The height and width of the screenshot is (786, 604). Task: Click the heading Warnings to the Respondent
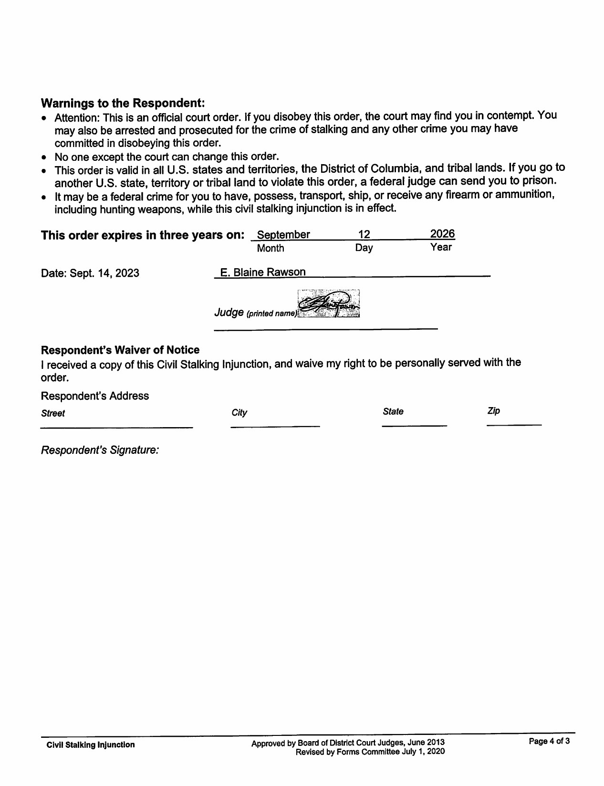pyautogui.click(x=123, y=103)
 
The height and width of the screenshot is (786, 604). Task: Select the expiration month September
pyautogui.click(x=283, y=235)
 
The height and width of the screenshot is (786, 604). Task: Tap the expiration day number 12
pyautogui.click(x=364, y=234)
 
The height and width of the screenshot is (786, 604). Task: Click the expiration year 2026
pyautogui.click(x=442, y=234)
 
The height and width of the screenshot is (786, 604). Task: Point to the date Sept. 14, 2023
pyautogui.click(x=90, y=273)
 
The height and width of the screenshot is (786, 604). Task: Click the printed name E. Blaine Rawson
pyautogui.click(x=262, y=272)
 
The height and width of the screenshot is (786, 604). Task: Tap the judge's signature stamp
pyautogui.click(x=328, y=304)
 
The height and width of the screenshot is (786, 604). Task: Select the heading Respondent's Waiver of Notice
pyautogui.click(x=120, y=350)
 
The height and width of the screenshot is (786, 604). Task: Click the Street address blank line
pyautogui.click(x=116, y=426)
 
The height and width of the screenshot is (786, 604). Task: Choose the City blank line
pyautogui.click(x=275, y=425)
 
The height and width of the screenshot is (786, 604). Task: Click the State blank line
pyautogui.click(x=414, y=424)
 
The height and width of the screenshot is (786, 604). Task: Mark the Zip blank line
pyautogui.click(x=514, y=424)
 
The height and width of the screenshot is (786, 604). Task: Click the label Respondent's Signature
pyautogui.click(x=100, y=450)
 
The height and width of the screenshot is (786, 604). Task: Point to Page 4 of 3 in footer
pyautogui.click(x=549, y=741)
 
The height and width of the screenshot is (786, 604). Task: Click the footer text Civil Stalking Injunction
pyautogui.click(x=90, y=744)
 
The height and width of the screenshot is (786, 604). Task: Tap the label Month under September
pyautogui.click(x=270, y=248)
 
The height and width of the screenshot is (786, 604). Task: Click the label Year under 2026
pyautogui.click(x=440, y=247)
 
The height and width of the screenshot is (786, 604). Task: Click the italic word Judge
pyautogui.click(x=229, y=312)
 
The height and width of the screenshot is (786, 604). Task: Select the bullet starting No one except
pyautogui.click(x=167, y=157)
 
